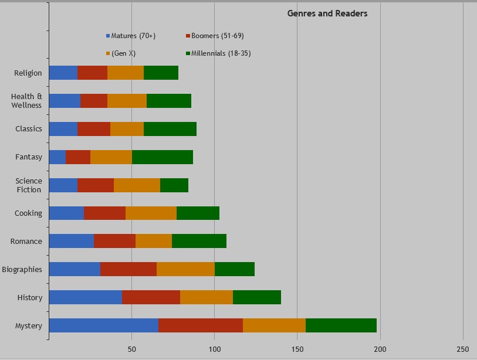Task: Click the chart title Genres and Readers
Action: click(327, 13)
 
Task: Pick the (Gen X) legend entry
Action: click(123, 54)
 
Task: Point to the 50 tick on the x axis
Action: click(131, 349)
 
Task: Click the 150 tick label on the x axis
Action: click(297, 349)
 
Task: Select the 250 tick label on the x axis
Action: click(463, 349)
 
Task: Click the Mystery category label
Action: click(28, 326)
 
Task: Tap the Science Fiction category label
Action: click(29, 185)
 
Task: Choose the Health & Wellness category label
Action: click(26, 101)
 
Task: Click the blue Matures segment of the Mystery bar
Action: click(103, 325)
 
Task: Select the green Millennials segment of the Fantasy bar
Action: click(163, 157)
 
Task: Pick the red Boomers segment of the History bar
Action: click(151, 297)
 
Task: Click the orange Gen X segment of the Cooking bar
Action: click(151, 213)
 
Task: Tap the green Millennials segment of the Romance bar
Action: click(199, 241)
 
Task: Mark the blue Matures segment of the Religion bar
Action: click(63, 73)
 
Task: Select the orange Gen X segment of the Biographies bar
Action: click(185, 269)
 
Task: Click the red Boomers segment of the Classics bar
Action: click(94, 129)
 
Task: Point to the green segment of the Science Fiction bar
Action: click(174, 185)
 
